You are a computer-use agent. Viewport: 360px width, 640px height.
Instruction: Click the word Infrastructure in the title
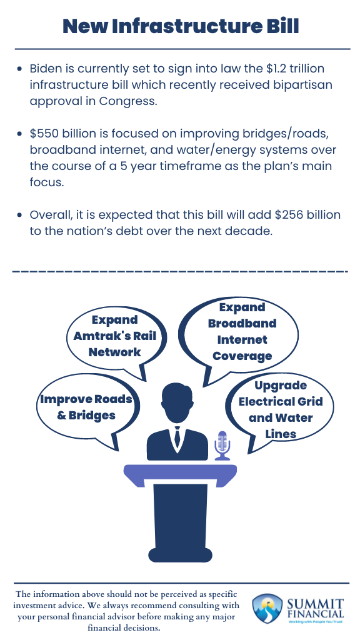(177, 26)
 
